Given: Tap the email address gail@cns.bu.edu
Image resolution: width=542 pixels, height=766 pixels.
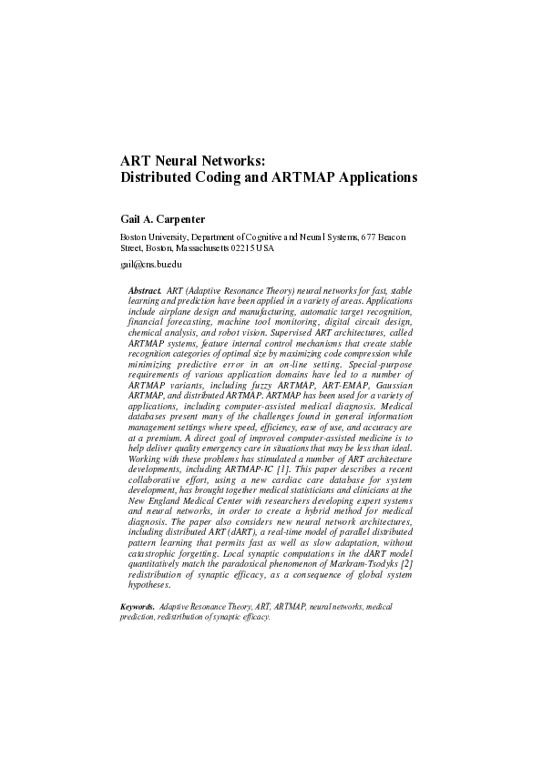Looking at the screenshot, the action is [x=151, y=264].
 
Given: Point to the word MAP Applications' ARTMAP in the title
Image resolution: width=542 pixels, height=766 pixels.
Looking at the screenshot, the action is [x=302, y=178].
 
